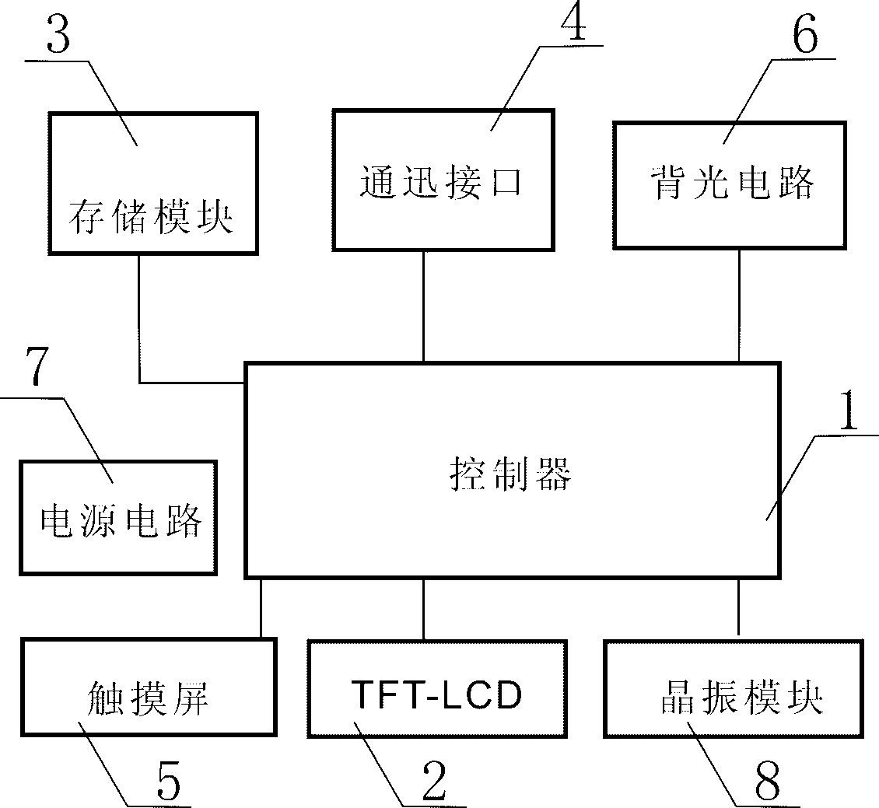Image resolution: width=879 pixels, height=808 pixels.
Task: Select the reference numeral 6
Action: coord(804,37)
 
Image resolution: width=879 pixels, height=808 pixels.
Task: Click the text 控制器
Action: coord(510,472)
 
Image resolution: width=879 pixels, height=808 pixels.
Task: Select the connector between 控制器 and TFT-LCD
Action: coord(424,609)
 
